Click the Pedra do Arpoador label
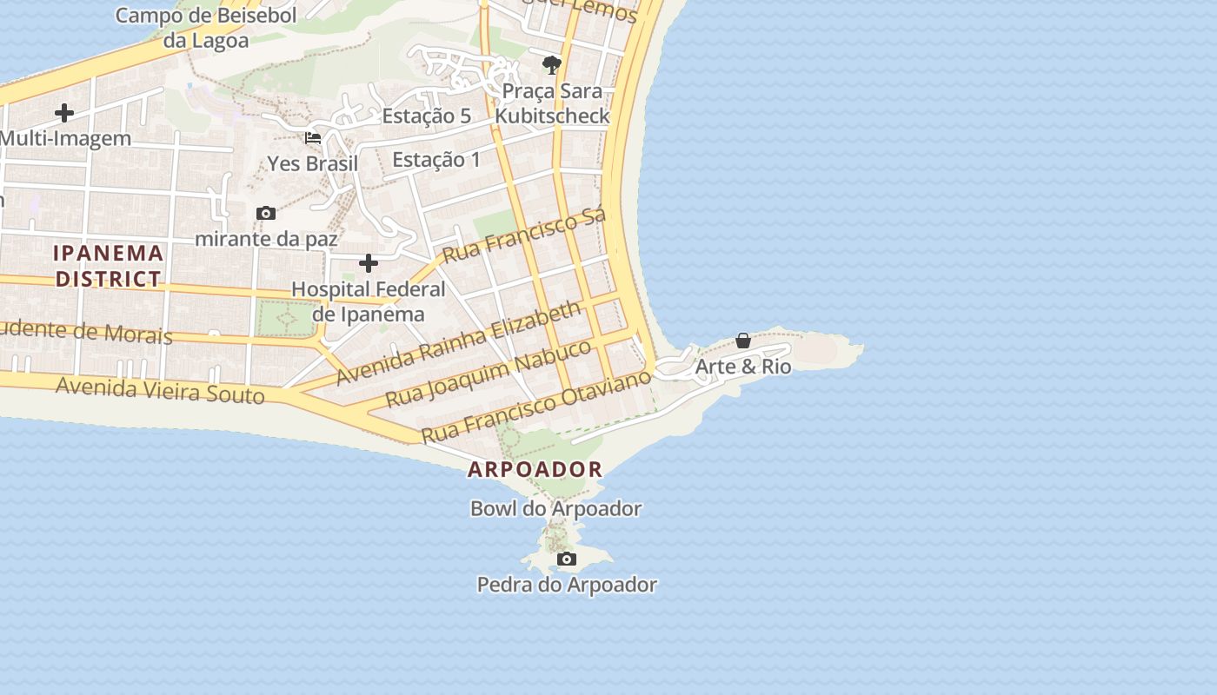pyautogui.click(x=567, y=585)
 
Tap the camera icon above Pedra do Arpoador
pyautogui.click(x=567, y=559)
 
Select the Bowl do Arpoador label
pyautogui.click(x=555, y=508)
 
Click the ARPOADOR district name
pyautogui.click(x=535, y=470)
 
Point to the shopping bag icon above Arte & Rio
pyautogui.click(x=743, y=341)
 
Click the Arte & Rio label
pyautogui.click(x=743, y=367)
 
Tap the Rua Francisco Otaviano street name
pyautogui.click(x=535, y=406)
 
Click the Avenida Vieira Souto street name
pyautogui.click(x=160, y=390)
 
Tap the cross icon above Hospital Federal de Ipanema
pyautogui.click(x=369, y=263)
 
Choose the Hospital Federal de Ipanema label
pyautogui.click(x=369, y=301)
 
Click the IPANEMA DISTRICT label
pyautogui.click(x=109, y=266)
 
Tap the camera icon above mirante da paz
pyautogui.click(x=266, y=213)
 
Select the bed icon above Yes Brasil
pyautogui.click(x=313, y=138)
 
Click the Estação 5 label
pyautogui.click(x=426, y=116)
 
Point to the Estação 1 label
pyautogui.click(x=436, y=159)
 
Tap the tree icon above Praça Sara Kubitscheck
pyautogui.click(x=551, y=64)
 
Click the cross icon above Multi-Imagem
pyautogui.click(x=64, y=113)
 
